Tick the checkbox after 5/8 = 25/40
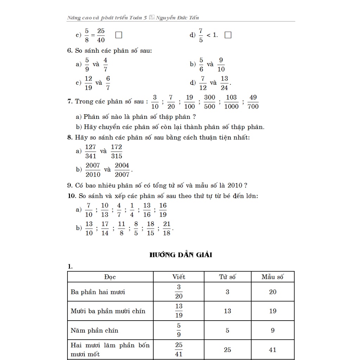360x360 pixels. (x=118, y=35)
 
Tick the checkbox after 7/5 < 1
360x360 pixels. (x=228, y=35)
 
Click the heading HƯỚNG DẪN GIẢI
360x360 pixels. (x=181, y=255)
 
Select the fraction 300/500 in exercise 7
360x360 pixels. (x=210, y=102)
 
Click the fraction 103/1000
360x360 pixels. (x=231, y=102)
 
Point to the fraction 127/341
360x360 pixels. (x=90, y=151)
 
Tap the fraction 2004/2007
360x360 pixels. (x=122, y=170)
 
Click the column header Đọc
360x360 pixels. (x=110, y=277)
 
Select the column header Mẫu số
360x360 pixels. (x=272, y=277)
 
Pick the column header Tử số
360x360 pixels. (x=227, y=277)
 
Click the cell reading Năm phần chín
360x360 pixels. (x=95, y=330)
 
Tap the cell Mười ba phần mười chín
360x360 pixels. (x=108, y=311)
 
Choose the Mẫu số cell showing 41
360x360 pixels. (x=272, y=350)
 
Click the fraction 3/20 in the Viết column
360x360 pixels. (x=179, y=292)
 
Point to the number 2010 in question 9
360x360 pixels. (x=235, y=185)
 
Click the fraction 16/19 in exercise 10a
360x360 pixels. (x=163, y=210)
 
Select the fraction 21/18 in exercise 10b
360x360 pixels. (x=167, y=229)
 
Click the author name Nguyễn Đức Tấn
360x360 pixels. (x=178, y=18)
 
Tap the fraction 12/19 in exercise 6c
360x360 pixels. (x=88, y=83)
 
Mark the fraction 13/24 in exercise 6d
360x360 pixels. (x=224, y=83)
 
